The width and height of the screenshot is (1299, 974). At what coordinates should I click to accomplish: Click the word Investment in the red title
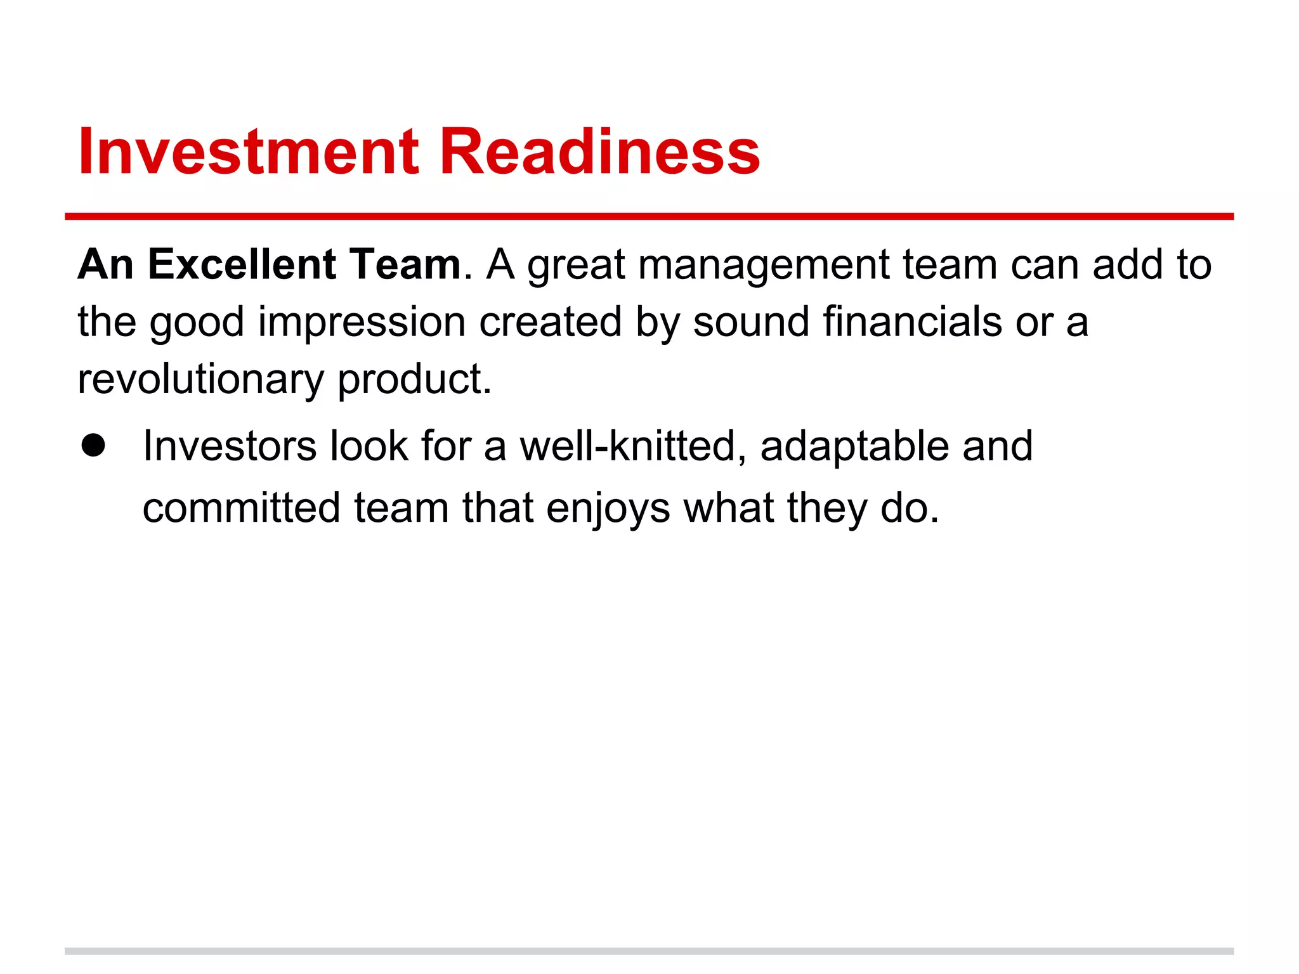[x=248, y=152]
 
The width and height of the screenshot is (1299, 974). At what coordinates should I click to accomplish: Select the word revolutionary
[x=200, y=379]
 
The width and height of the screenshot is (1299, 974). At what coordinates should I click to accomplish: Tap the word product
[x=414, y=379]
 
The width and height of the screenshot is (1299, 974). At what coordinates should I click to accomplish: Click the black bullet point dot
[x=93, y=445]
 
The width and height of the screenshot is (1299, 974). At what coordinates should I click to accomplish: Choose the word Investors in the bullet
[x=229, y=446]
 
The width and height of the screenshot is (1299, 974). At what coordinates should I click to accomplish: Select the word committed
[x=242, y=507]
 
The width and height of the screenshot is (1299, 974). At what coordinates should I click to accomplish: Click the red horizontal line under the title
[x=649, y=217]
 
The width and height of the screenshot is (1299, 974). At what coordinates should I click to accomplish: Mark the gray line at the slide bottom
[x=649, y=951]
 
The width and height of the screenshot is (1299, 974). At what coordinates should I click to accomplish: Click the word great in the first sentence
[x=576, y=265]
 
